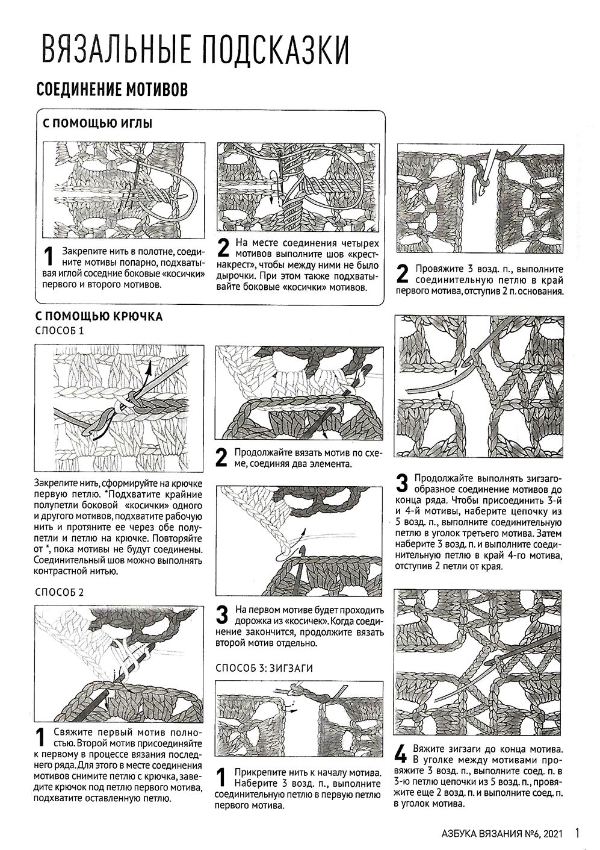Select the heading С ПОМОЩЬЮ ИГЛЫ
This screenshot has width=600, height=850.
pyautogui.click(x=97, y=123)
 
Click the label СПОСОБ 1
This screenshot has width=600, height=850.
pyautogui.click(x=61, y=331)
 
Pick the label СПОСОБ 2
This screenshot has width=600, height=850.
pyautogui.click(x=61, y=592)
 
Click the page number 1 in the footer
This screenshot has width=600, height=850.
pyautogui.click(x=577, y=833)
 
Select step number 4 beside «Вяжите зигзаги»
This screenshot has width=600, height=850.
pyautogui.click(x=401, y=755)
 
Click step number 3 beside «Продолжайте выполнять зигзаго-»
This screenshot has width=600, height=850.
pyautogui.click(x=402, y=482)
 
